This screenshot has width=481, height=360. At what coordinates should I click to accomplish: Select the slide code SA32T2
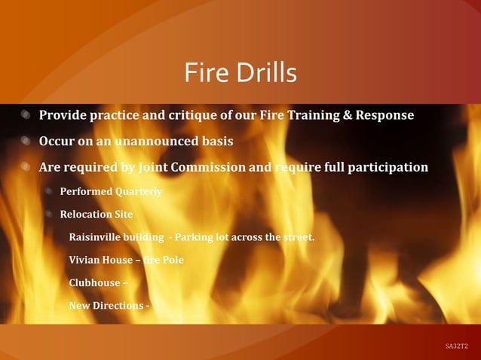click(456, 346)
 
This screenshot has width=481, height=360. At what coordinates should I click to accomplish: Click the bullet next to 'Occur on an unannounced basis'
click(26, 142)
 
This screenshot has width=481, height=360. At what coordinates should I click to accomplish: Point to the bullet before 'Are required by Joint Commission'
click(26, 167)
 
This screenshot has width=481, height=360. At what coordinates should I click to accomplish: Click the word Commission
click(214, 167)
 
